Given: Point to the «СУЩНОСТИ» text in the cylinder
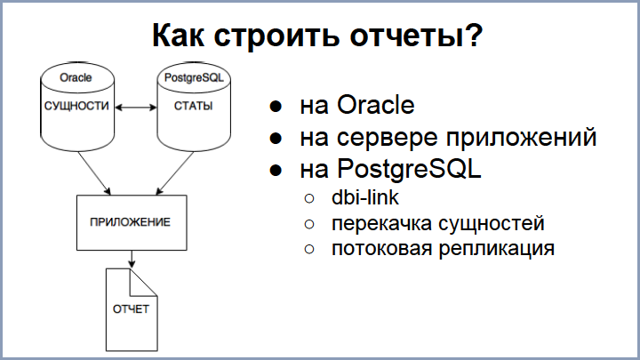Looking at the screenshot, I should pyautogui.click(x=76, y=107).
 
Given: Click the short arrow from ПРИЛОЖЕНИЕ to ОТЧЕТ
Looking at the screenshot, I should pyautogui.click(x=132, y=258).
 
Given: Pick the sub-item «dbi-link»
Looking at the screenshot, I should pyautogui.click(x=365, y=198).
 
